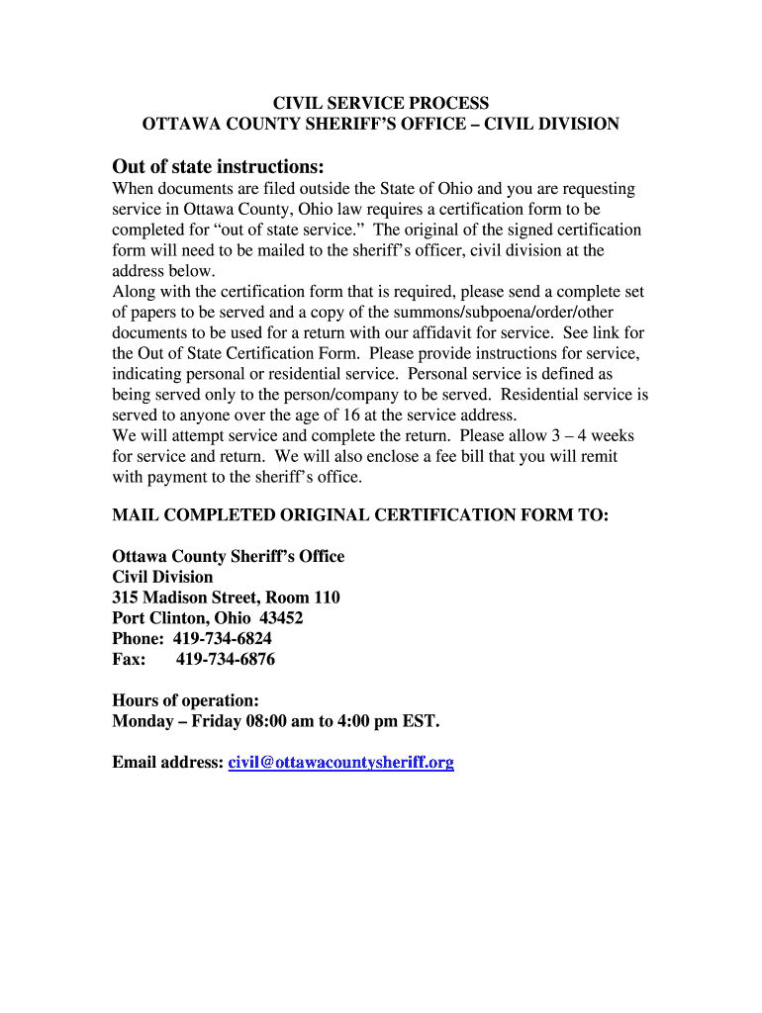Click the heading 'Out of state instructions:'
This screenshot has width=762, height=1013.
coord(218,165)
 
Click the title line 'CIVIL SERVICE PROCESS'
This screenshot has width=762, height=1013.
coord(381,103)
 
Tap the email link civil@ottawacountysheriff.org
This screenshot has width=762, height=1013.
coord(341,763)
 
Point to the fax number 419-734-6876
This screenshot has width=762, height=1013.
coord(225,659)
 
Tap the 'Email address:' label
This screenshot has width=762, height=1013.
coord(167,763)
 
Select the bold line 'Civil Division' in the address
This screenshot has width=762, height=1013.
coord(162,577)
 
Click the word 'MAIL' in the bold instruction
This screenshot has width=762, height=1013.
coord(135,515)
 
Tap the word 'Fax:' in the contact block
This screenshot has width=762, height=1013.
coord(130,659)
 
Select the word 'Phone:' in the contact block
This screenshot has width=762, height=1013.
coord(140,638)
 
